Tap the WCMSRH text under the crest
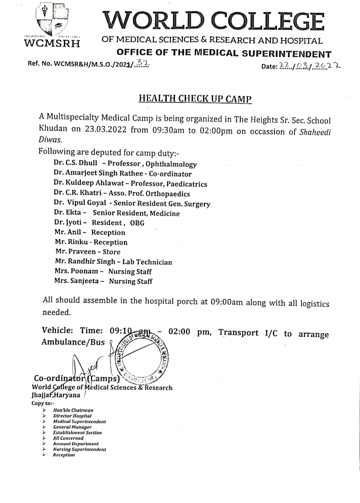click(52, 43)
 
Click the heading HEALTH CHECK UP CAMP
click(195, 99)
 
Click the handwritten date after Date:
click(309, 66)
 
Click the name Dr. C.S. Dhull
click(75, 163)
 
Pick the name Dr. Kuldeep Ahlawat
click(89, 183)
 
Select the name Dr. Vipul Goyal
click(80, 203)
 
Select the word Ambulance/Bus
click(73, 342)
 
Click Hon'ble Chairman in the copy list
click(73, 410)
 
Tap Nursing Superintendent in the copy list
click(80, 449)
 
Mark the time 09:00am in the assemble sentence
click(227, 302)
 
